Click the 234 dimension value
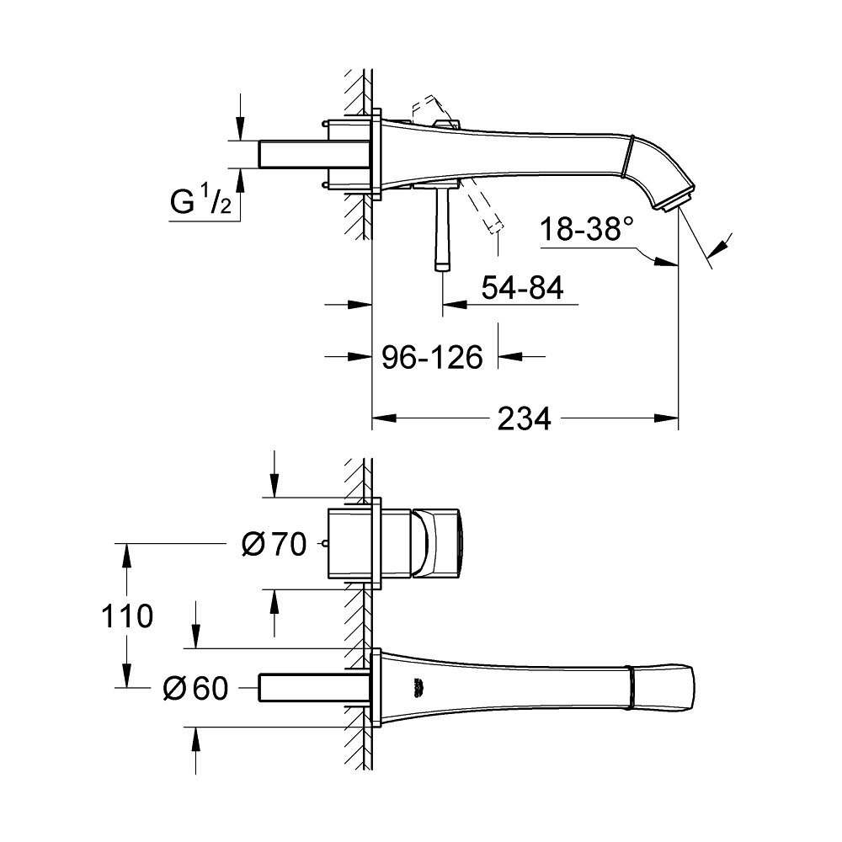click(524, 418)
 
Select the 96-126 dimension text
click(433, 358)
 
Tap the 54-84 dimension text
click(521, 288)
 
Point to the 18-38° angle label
click(586, 229)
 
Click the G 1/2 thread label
click(200, 204)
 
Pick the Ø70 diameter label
click(274, 546)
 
